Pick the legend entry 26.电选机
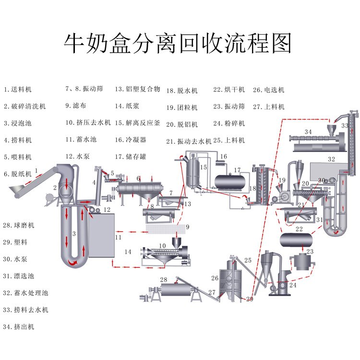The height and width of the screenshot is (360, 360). click(268, 90)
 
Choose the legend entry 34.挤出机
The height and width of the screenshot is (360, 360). click(19, 326)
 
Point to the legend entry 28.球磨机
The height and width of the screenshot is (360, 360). click(19, 225)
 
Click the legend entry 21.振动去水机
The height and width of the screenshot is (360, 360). click(189, 141)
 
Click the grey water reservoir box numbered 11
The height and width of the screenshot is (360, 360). click(101, 235)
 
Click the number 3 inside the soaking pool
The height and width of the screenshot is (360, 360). click(73, 234)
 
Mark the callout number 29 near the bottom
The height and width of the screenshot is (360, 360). click(249, 299)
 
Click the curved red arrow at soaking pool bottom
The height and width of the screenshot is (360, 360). click(73, 263)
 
